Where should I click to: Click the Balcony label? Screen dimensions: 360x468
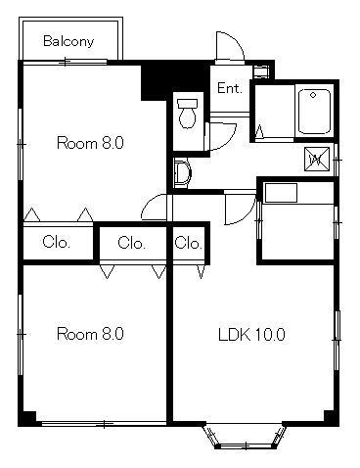point(68,41)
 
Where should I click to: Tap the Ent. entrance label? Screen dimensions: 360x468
point(230,88)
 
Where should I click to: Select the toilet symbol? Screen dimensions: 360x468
point(187,114)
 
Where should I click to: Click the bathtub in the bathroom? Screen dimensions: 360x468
point(314,112)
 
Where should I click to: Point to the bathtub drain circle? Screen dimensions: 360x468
point(313,95)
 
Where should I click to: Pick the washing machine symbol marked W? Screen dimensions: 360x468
point(317,159)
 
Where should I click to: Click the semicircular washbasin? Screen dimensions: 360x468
point(182,173)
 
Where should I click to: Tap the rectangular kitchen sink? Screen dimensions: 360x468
point(281,193)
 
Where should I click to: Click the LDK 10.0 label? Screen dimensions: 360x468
point(251,335)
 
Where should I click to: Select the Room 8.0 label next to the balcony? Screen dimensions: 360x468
point(90,143)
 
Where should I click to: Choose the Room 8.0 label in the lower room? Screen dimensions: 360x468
point(90,334)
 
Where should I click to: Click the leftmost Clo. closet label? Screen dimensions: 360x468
point(56,243)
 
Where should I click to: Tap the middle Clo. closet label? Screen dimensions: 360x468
point(131,243)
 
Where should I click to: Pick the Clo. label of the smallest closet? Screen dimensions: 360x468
point(188,243)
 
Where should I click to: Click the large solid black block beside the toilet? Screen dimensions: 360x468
point(174,80)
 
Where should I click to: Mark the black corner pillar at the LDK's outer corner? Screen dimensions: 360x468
point(332,418)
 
